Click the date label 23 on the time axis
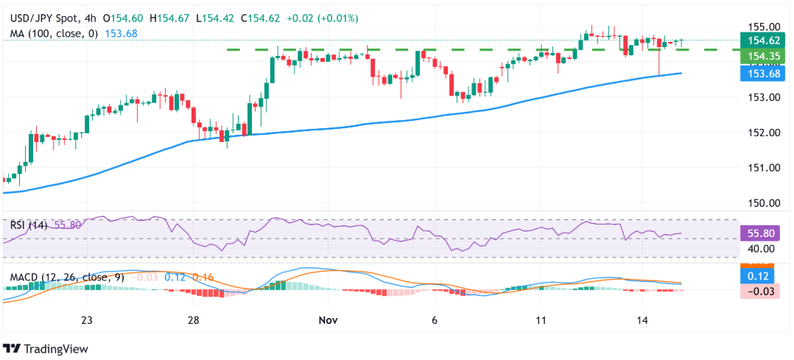click(87, 321)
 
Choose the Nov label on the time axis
click(328, 321)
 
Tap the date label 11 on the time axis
click(541, 321)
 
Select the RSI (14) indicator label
click(28, 225)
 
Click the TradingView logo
click(46, 348)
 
